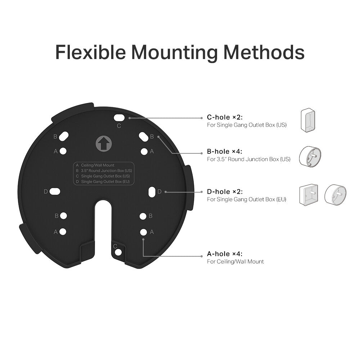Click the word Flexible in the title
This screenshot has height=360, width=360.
[90, 52]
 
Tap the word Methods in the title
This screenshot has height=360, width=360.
[264, 52]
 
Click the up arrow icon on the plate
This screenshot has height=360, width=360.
[103, 144]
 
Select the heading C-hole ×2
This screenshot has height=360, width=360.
[225, 117]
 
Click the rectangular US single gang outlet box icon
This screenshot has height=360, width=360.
[308, 119]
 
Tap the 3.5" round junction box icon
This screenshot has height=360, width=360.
[310, 156]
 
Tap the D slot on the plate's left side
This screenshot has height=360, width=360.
[55, 192]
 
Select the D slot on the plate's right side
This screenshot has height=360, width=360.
[152, 191]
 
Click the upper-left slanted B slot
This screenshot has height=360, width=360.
[64, 137]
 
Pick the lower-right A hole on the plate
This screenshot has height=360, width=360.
[143, 232]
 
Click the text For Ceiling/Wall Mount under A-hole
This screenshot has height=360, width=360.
[235, 262]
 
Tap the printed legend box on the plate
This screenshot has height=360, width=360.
[104, 174]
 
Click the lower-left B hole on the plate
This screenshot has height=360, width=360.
[64, 216]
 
